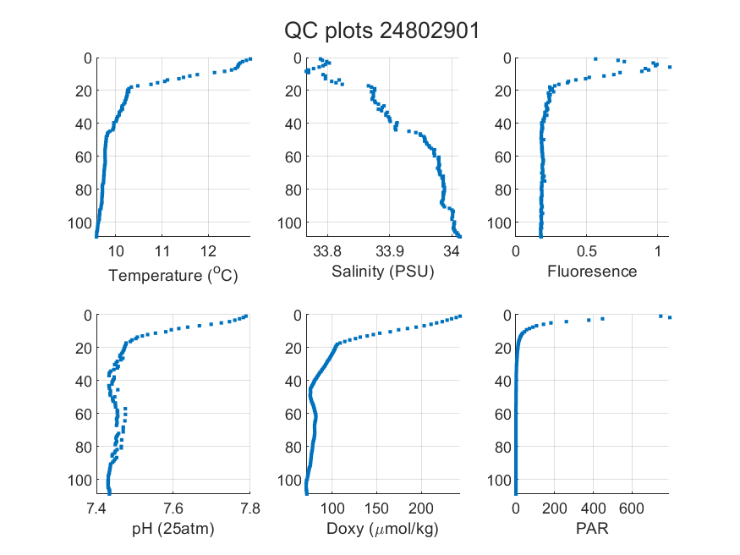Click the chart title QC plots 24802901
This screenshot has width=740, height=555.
[x=381, y=31]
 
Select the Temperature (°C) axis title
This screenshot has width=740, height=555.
[x=173, y=275]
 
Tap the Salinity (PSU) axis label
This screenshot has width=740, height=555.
[x=383, y=272]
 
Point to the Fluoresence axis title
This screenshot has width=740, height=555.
[x=592, y=272]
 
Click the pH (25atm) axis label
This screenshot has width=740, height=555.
[x=173, y=529]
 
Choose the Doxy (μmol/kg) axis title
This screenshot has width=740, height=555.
[x=383, y=529]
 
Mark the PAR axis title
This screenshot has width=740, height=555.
[x=592, y=528]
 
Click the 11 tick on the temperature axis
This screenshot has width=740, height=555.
[x=162, y=251]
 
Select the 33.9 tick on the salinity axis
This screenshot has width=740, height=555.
[x=390, y=251]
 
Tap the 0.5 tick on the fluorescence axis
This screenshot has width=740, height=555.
[x=587, y=251]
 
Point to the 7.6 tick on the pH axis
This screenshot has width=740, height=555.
[x=173, y=508]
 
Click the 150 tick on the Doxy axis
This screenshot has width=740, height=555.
[x=376, y=508]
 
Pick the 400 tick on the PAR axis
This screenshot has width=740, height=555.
[x=593, y=508]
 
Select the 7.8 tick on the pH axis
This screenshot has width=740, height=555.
[x=250, y=508]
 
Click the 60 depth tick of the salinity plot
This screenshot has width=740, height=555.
[x=293, y=157]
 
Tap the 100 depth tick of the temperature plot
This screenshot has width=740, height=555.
[x=80, y=223]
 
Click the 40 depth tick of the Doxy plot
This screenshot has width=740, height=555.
[x=293, y=381]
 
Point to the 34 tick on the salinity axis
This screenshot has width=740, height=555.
[x=452, y=251]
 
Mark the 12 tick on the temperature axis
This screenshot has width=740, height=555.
[x=208, y=251]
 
